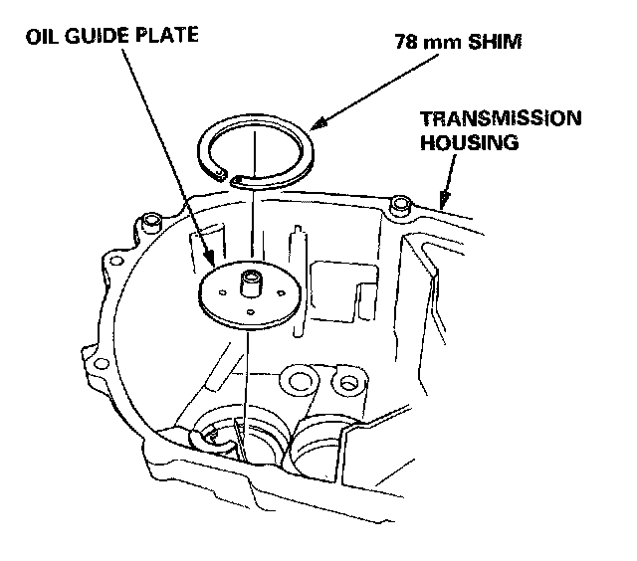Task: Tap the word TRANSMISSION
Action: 500,118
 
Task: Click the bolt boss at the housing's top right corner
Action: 401,205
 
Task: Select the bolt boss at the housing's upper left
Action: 152,219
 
